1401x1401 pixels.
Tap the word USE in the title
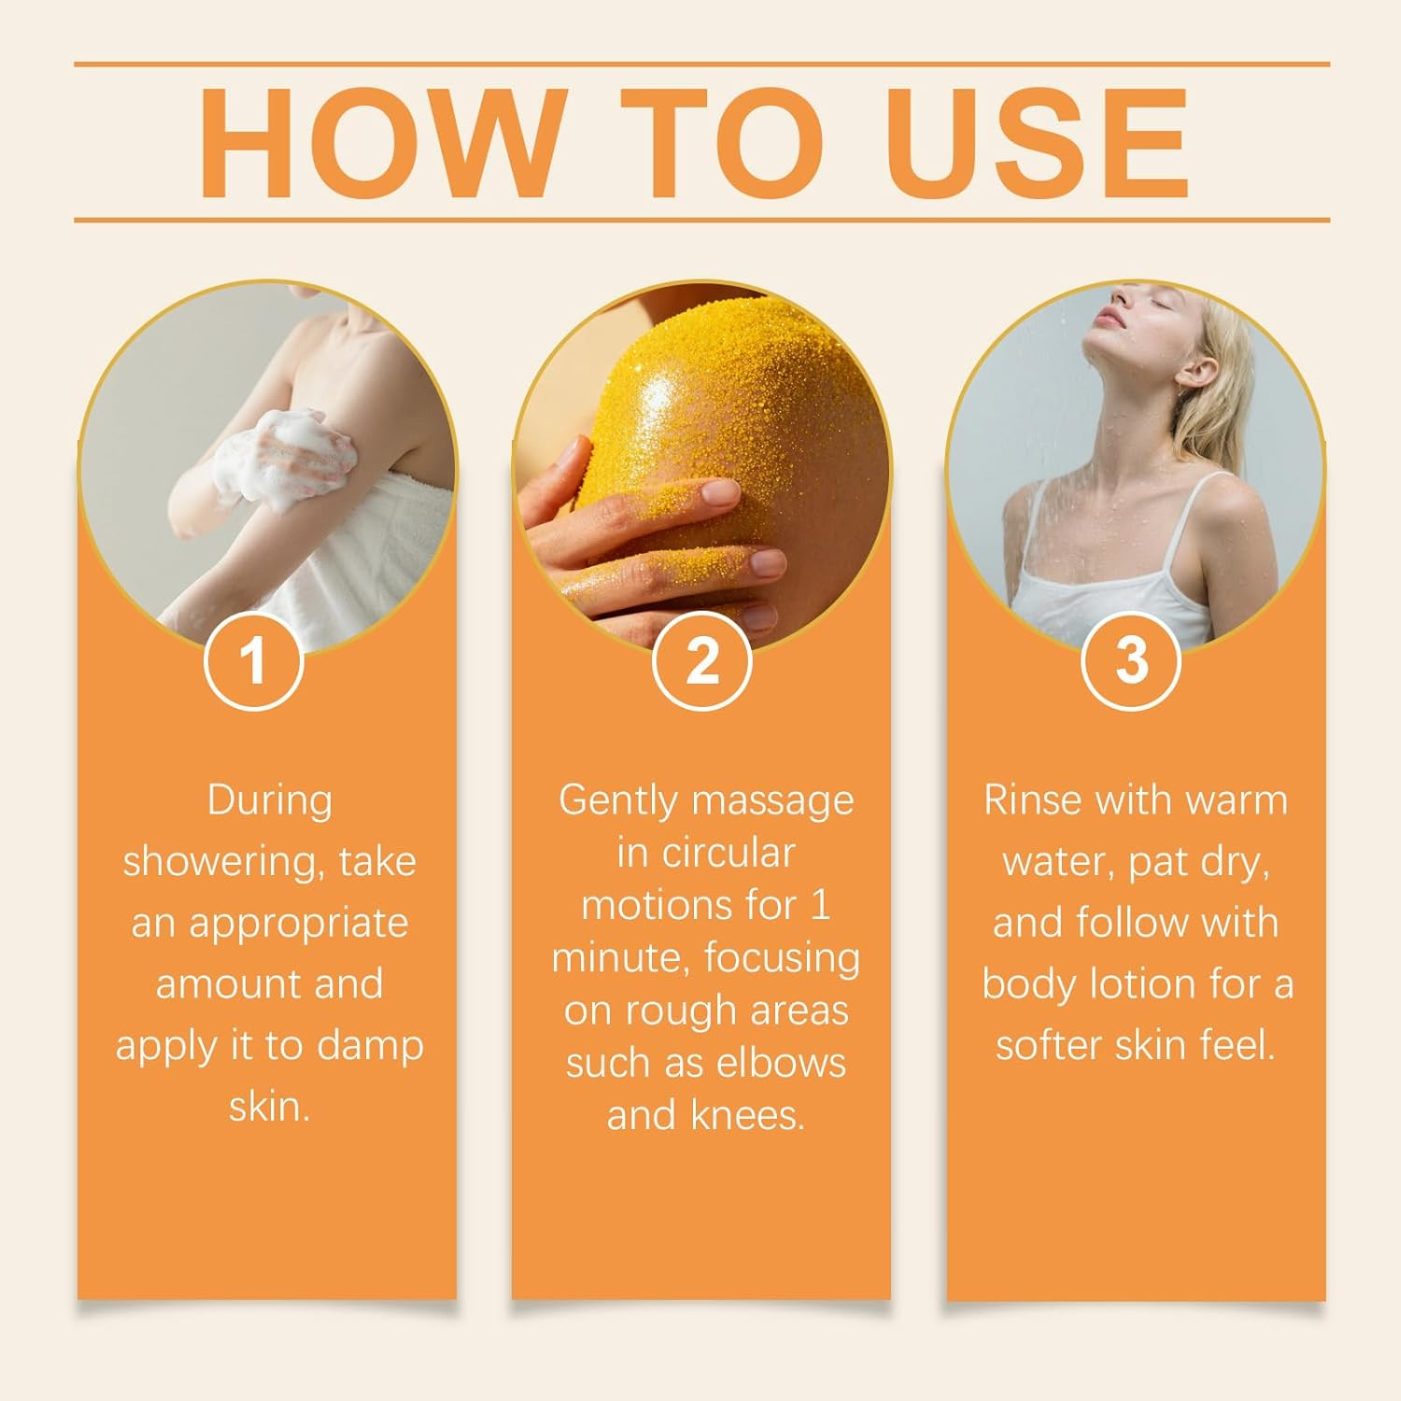point(1038,143)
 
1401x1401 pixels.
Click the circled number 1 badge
point(253,660)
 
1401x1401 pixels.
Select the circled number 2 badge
point(701,660)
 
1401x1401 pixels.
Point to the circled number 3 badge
point(1131,660)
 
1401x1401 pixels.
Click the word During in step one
point(269,800)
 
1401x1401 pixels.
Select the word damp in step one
point(370,1045)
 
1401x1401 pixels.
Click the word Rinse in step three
point(1032,800)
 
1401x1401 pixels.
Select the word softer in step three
point(1045,1045)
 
